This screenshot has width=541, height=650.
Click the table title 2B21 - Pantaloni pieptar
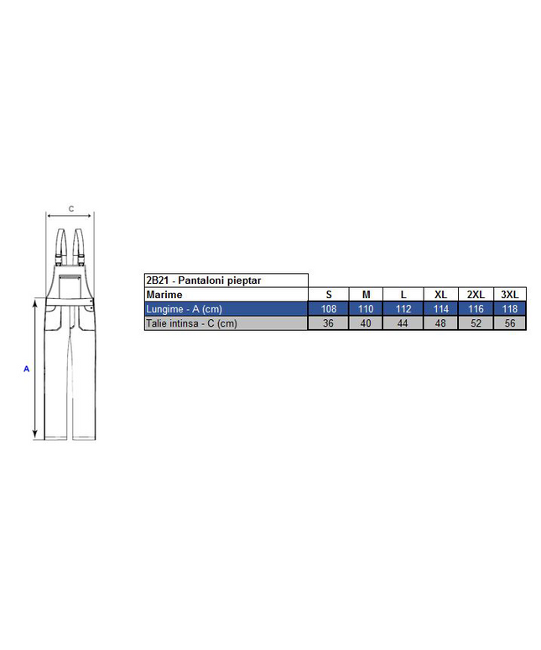(203, 280)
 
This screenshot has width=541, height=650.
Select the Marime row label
(164, 295)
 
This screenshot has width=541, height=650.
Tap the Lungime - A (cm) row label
(185, 309)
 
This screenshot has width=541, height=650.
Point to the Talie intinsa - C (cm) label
(191, 323)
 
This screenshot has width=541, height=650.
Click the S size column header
(329, 295)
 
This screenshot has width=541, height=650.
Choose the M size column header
(367, 295)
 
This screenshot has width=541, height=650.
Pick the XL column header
(441, 295)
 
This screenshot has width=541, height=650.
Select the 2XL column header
(476, 295)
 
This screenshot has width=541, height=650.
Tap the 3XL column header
(510, 295)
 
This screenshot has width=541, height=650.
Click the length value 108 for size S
(329, 309)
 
